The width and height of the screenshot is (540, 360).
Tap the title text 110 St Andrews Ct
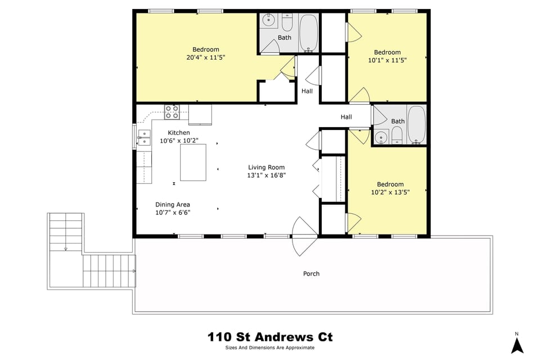tap(270, 337)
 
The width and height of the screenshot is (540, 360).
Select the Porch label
tap(311, 274)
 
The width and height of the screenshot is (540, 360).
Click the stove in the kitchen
tap(172, 112)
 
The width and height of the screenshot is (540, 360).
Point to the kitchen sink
tap(144, 137)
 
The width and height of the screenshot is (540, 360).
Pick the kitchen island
tap(193, 162)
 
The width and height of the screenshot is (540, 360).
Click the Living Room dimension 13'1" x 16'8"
tap(267, 175)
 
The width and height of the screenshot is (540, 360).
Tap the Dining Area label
tap(173, 205)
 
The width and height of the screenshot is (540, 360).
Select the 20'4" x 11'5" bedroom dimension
tap(206, 57)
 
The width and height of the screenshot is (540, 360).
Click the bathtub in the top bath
tap(308, 32)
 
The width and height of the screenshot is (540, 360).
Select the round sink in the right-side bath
tap(382, 137)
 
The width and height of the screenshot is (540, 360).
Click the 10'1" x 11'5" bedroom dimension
tap(388, 60)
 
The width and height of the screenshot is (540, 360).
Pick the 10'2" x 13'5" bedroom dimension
tap(390, 192)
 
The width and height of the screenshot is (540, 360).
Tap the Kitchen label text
tap(179, 133)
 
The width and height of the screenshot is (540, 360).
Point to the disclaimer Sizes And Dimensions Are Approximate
tap(270, 348)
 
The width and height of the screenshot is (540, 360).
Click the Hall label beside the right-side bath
tap(346, 117)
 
